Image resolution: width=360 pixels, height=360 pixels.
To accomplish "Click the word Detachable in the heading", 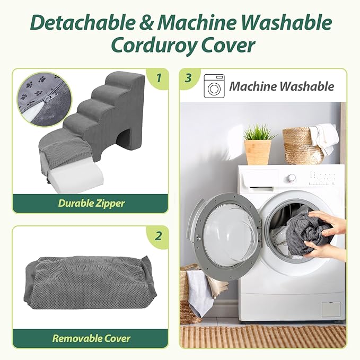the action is click(x=83, y=22).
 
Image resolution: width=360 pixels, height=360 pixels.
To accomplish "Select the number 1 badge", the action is click(x=159, y=78).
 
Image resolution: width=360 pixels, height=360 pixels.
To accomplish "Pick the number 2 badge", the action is click(x=159, y=236).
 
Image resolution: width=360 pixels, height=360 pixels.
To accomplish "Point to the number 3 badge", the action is click(x=188, y=78).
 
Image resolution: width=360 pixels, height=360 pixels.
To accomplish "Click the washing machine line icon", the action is click(x=214, y=86).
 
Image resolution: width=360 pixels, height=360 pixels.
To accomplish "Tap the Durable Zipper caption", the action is click(x=91, y=203).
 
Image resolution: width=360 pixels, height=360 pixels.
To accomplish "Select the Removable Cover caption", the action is click(x=91, y=338).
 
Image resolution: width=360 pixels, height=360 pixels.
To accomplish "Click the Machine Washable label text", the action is click(x=282, y=86).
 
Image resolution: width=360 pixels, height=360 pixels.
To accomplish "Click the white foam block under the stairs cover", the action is click(x=72, y=179).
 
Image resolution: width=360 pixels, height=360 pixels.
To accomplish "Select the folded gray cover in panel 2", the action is click(x=90, y=283).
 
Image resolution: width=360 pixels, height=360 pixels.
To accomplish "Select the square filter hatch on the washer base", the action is click(x=331, y=310).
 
